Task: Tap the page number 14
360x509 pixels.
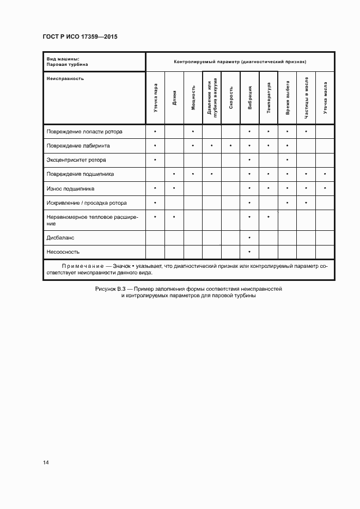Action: click(x=46, y=463)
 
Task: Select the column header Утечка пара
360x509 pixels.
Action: click(x=156, y=98)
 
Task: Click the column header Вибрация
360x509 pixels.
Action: click(x=249, y=98)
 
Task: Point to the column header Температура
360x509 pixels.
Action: click(x=269, y=98)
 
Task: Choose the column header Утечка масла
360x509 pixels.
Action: click(x=325, y=98)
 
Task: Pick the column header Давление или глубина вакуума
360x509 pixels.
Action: click(x=212, y=98)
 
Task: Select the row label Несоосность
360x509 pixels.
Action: click(x=63, y=252)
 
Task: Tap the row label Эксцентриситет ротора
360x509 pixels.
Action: click(x=76, y=160)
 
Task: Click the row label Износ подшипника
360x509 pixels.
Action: click(x=71, y=188)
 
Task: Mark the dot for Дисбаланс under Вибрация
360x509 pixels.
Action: click(x=249, y=238)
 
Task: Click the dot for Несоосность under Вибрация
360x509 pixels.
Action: click(x=249, y=252)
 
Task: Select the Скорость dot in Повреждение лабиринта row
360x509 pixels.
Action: click(x=231, y=146)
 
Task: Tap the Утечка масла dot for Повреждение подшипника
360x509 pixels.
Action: click(x=325, y=174)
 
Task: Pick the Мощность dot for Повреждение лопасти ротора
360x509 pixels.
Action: click(x=193, y=132)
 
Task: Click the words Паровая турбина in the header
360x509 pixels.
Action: click(x=68, y=64)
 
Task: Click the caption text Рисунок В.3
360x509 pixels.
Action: click(x=111, y=289)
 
